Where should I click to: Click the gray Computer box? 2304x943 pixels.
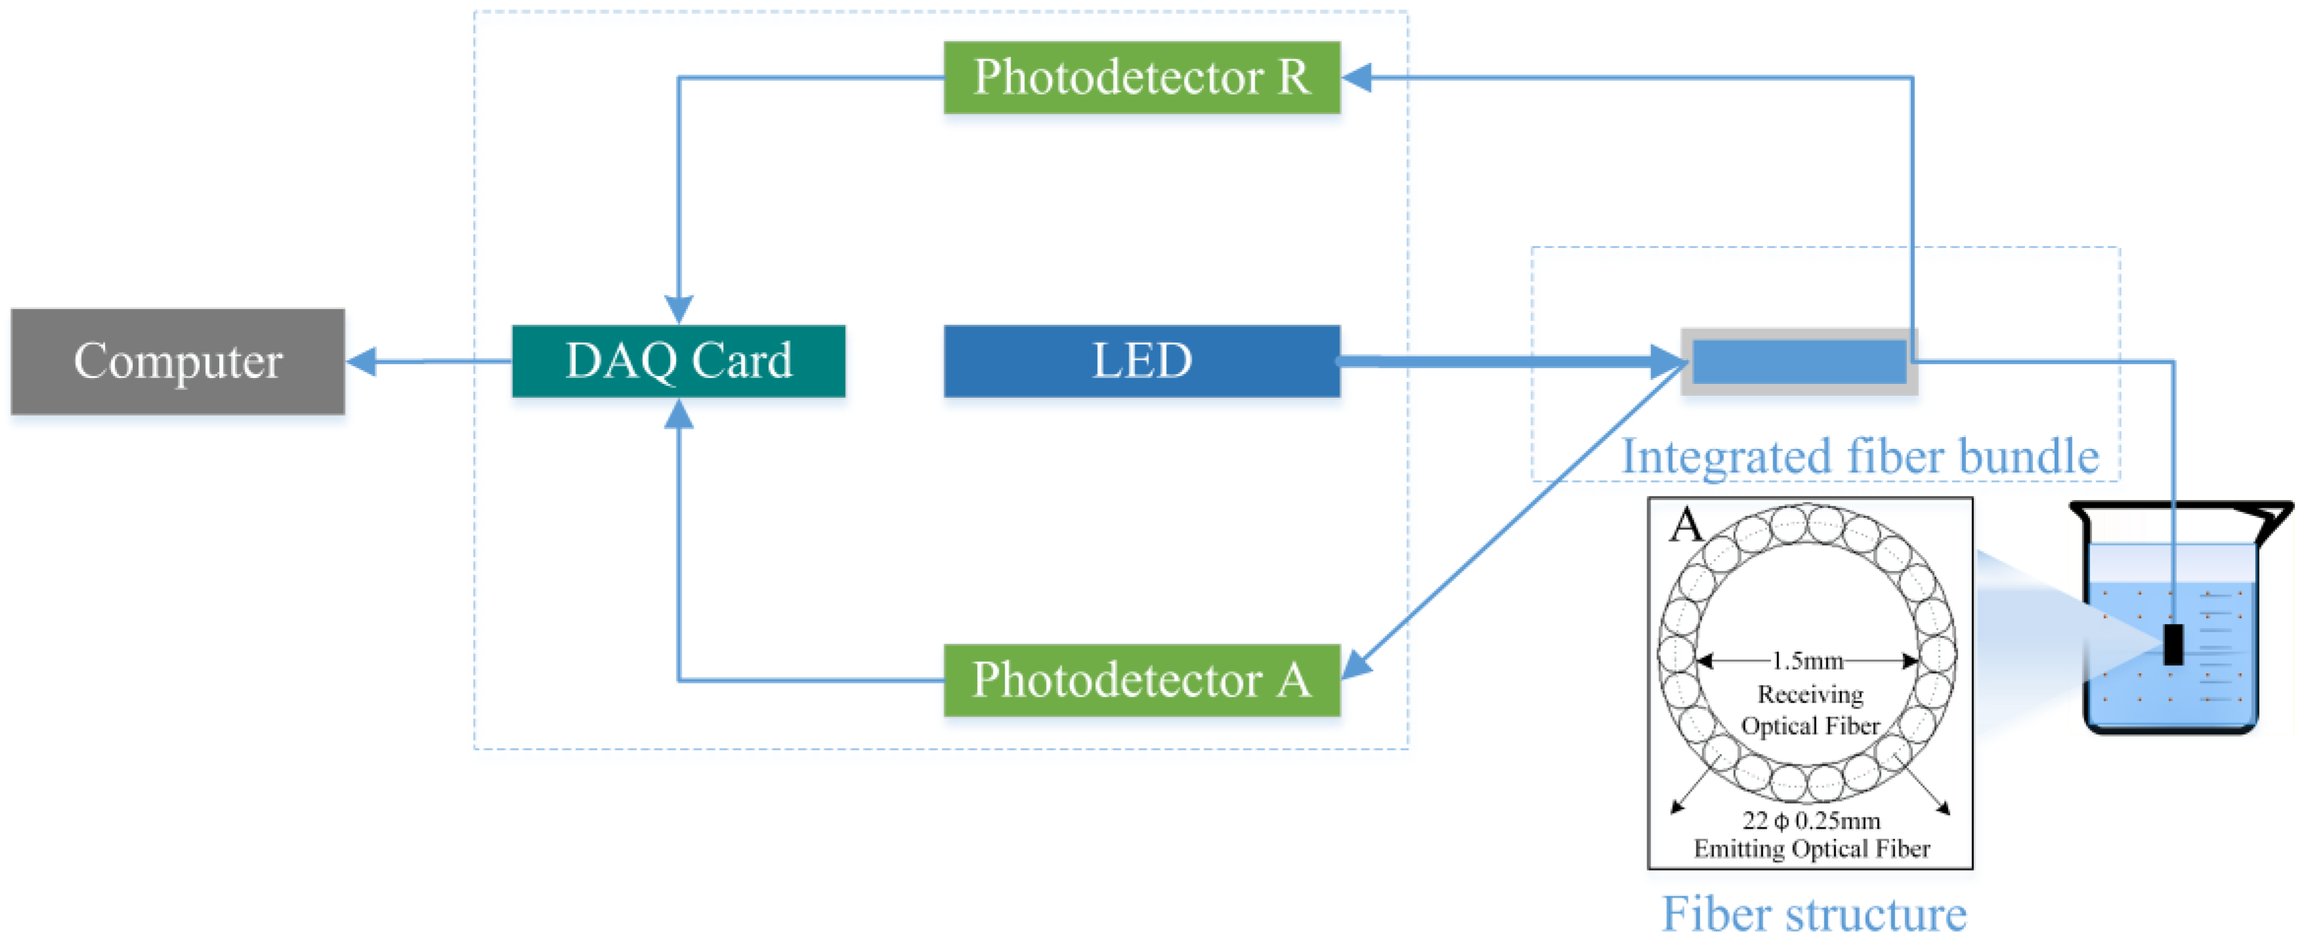[x=177, y=362]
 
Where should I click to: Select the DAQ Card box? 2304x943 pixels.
[x=678, y=362]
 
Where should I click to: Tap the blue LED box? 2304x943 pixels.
[x=1141, y=362]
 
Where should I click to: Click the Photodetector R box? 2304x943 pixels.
[x=1141, y=78]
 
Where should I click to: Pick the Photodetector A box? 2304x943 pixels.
[x=1141, y=680]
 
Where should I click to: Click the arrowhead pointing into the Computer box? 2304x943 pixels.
[x=362, y=362]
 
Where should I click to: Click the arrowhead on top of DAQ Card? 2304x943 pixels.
[x=679, y=308]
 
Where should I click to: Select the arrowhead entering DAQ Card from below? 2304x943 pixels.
[x=679, y=413]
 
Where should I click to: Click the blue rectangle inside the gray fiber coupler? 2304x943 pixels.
[x=1799, y=362]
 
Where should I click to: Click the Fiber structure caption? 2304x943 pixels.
[x=1814, y=914]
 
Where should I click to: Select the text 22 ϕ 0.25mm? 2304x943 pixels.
[x=1811, y=820]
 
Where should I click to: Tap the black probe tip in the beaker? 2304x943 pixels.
[x=2173, y=644]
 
